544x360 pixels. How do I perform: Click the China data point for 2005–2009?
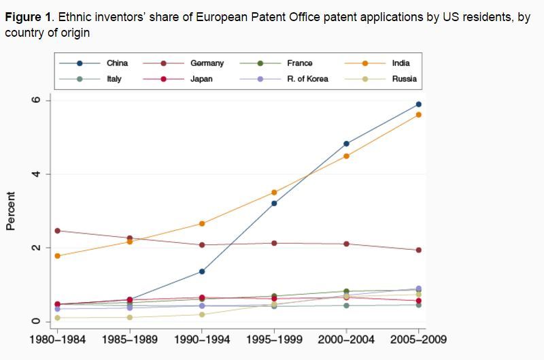point(419,104)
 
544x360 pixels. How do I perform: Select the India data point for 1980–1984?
point(58,256)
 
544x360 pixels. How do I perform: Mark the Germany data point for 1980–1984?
point(58,231)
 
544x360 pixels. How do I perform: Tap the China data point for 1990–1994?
point(202,272)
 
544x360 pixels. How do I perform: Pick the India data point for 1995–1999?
point(274,193)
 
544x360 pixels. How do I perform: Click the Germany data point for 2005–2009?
point(419,250)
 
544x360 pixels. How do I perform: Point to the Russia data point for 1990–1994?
point(202,314)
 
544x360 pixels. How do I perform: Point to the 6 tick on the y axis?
point(38,100)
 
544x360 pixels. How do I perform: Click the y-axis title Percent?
point(12,211)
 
